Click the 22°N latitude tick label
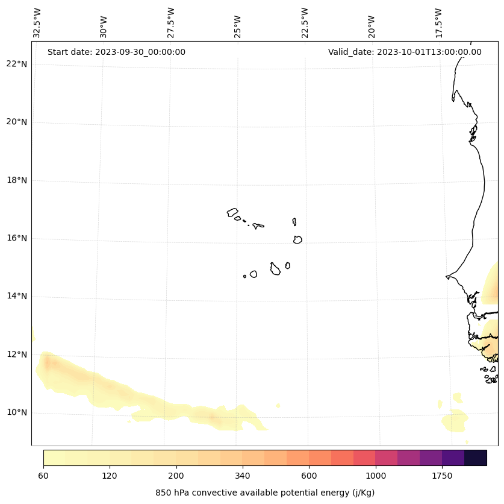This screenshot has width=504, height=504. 17,64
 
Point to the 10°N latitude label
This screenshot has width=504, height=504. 17,413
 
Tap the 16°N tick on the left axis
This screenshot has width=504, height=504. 17,238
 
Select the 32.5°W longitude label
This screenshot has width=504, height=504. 37,23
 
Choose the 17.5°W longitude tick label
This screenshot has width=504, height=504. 439,23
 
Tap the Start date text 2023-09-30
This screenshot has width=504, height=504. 116,52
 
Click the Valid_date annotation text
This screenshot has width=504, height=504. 405,52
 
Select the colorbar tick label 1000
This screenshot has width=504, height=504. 375,476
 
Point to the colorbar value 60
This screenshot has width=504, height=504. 43,476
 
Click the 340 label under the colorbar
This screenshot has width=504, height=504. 243,476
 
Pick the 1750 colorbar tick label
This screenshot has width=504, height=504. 442,476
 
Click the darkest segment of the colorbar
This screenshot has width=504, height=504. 475,458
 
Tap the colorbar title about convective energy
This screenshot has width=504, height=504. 265,493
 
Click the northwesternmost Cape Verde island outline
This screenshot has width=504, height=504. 232,212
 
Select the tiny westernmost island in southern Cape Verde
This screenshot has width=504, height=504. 244,276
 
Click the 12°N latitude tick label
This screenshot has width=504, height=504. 17,354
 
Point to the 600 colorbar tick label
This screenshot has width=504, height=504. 309,476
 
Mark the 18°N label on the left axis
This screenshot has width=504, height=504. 17,180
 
